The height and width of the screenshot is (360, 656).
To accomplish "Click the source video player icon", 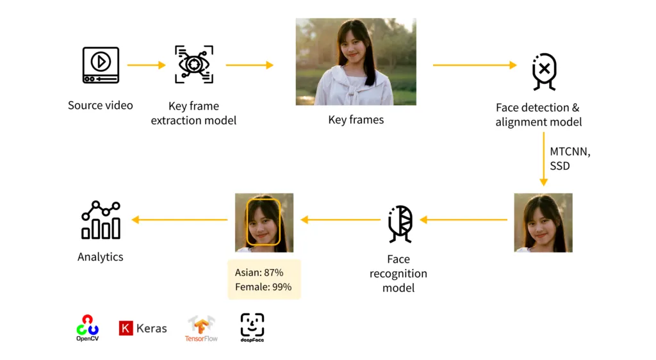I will coord(101,65).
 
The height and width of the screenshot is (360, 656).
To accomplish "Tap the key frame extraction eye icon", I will coord(193,65).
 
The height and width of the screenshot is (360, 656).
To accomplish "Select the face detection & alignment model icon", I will coord(544,70).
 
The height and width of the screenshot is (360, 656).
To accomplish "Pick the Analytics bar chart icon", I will coord(101,220).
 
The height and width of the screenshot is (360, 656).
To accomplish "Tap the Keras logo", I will coord(143,329).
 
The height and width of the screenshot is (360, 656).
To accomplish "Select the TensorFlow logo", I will coord(201,329).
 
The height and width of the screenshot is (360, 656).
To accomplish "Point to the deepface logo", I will coord(252,327).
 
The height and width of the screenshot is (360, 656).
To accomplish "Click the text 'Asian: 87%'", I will coord(259,273).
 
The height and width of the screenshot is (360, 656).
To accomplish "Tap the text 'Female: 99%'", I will coord(263,287).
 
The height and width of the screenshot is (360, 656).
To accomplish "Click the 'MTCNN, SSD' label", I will coord(570,159).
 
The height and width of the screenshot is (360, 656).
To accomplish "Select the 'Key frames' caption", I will coord(356,120).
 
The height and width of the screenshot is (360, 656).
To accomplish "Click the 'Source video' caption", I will coord(101,105).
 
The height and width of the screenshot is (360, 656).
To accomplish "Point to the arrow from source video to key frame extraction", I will coord(146,65).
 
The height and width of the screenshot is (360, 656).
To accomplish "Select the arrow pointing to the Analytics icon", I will coord(179,220).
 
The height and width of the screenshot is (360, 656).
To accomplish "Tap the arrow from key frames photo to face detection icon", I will coord(474,65).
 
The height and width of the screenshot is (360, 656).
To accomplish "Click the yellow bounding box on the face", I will coord(263,222).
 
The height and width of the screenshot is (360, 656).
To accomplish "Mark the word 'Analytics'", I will coord(101,257).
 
